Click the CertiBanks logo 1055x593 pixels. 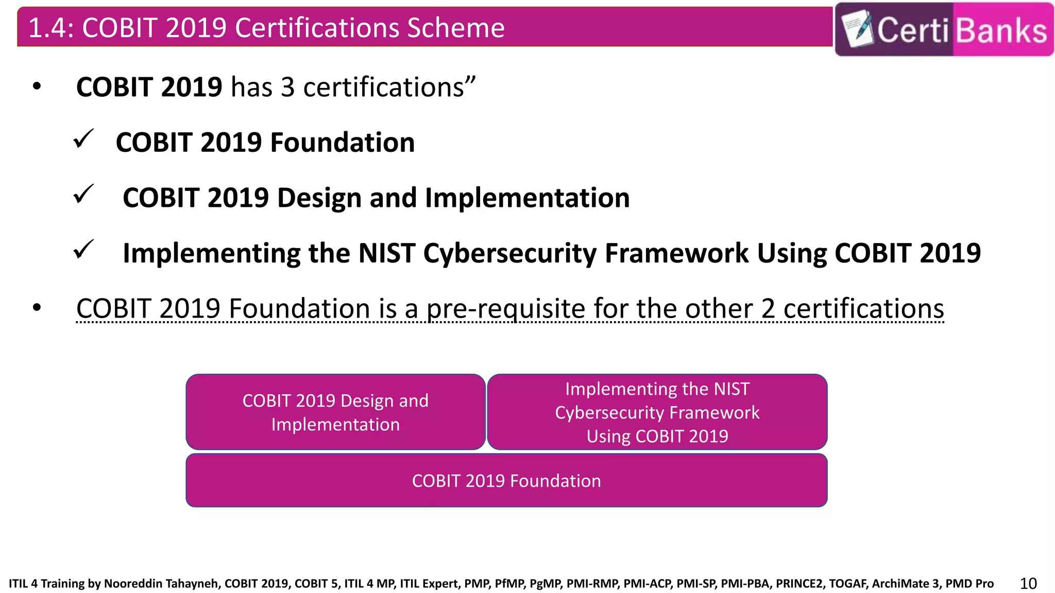[x=944, y=29]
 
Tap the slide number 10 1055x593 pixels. [x=1028, y=583]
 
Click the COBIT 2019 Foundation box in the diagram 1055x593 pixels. [x=506, y=481]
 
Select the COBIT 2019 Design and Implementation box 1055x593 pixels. [x=335, y=412]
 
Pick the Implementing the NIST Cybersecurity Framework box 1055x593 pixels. [x=657, y=412]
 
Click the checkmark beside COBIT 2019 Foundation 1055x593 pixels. [x=83, y=139]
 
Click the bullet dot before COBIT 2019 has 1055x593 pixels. [x=37, y=86]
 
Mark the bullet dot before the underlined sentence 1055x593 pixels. [x=37, y=308]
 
